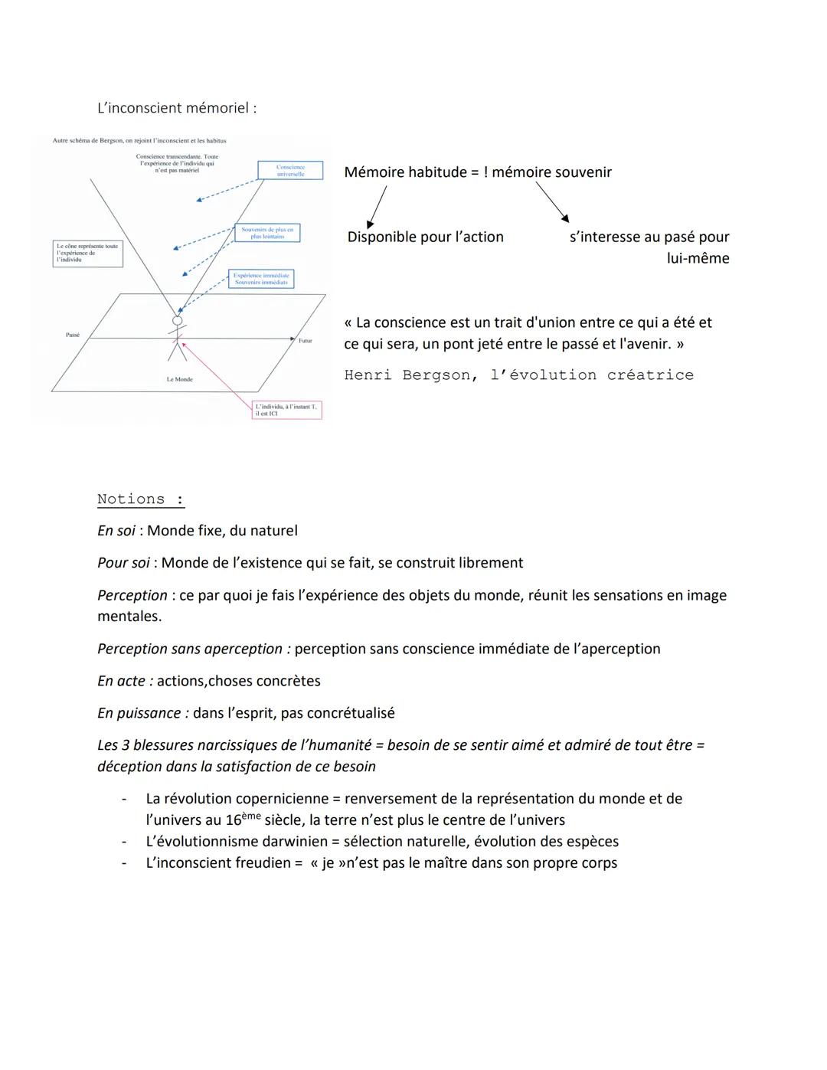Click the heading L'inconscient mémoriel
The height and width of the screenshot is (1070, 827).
click(x=177, y=108)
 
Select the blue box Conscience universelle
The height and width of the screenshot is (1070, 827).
click(x=290, y=170)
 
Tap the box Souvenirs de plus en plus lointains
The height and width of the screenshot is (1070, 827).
click(x=267, y=233)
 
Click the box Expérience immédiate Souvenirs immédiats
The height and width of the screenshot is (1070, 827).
click(x=261, y=279)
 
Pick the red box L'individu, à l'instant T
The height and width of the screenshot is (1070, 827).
click(x=286, y=410)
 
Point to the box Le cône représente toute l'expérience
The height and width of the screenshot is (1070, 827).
click(x=87, y=254)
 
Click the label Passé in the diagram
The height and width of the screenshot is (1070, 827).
click(x=73, y=335)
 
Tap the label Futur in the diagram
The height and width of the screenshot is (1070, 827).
click(x=306, y=341)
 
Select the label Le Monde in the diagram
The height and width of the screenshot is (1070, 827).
click(x=180, y=379)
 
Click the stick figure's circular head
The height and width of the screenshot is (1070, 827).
click(x=178, y=321)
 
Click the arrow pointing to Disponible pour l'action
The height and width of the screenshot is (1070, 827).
click(x=378, y=206)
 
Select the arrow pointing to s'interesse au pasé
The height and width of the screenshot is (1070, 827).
click(x=552, y=202)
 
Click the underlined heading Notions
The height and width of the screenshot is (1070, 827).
click(x=141, y=499)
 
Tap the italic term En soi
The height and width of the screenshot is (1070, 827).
click(x=116, y=531)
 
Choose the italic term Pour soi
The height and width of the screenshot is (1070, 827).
click(x=123, y=563)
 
